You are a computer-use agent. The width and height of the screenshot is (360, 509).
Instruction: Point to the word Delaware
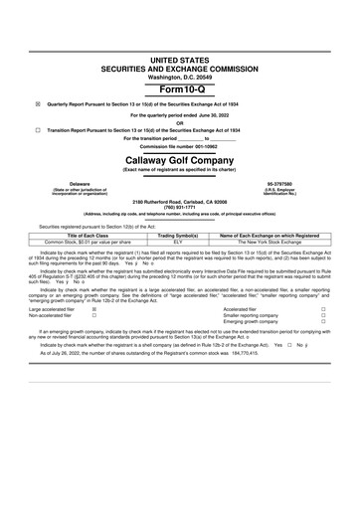(52, 184)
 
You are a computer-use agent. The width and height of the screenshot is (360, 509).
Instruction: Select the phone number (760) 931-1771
(180, 207)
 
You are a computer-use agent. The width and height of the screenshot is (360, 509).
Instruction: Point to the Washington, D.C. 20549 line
(180, 76)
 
